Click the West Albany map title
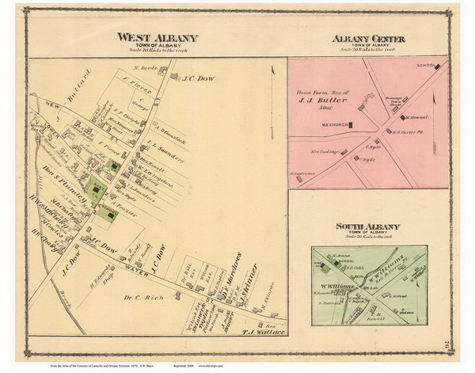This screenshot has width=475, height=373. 157,37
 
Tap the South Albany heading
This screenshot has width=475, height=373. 367,226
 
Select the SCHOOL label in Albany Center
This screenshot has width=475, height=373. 426,66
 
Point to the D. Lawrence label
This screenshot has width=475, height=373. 303,173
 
